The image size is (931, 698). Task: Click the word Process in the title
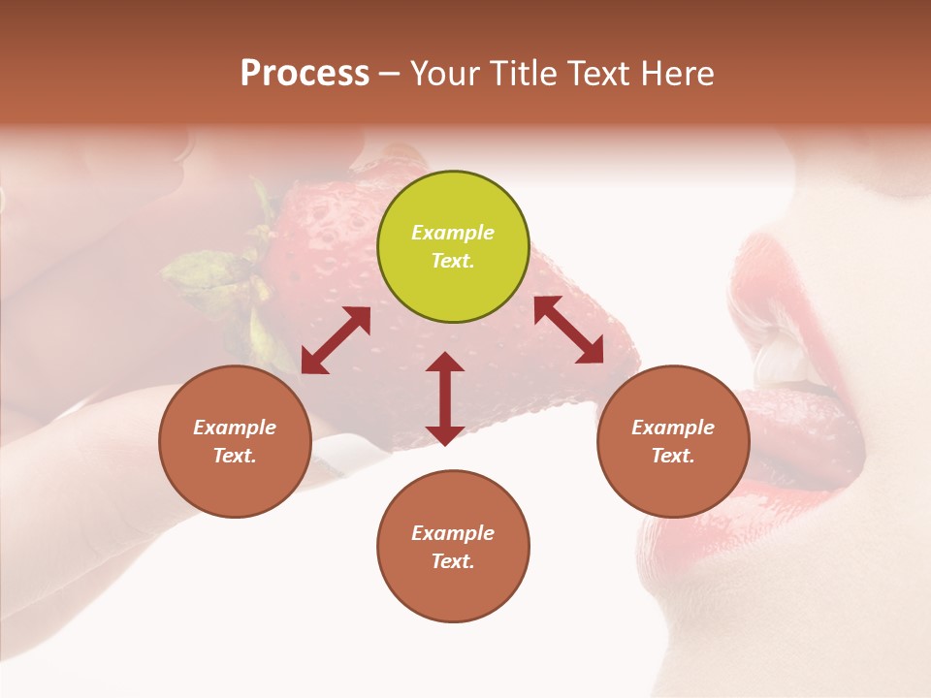pyautogui.click(x=305, y=74)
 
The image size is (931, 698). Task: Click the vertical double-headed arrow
pyautogui.click(x=445, y=398)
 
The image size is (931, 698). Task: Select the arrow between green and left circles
pyautogui.click(x=336, y=340)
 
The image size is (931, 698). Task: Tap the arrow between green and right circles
pyautogui.click(x=568, y=330)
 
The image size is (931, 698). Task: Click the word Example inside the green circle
pyautogui.click(x=453, y=233)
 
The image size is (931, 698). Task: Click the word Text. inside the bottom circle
pyautogui.click(x=453, y=561)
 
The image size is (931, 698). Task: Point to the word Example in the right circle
pyautogui.click(x=673, y=428)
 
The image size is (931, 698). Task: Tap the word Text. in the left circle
pyautogui.click(x=235, y=456)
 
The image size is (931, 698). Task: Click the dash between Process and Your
pyautogui.click(x=389, y=74)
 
